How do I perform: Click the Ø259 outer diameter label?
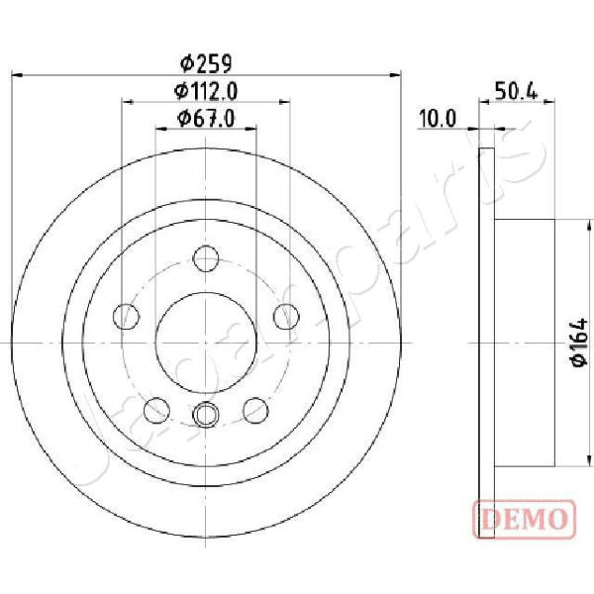point(206,63)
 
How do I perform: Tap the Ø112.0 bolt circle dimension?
point(206,91)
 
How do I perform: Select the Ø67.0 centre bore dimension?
point(206,119)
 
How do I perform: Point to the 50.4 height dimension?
point(516,91)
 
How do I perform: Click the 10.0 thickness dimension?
point(438,119)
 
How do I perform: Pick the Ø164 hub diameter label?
point(579,343)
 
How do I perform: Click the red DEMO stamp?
point(525,519)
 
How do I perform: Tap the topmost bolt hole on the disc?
point(206,258)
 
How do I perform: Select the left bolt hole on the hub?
point(126,317)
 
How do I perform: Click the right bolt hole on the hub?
point(286,317)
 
